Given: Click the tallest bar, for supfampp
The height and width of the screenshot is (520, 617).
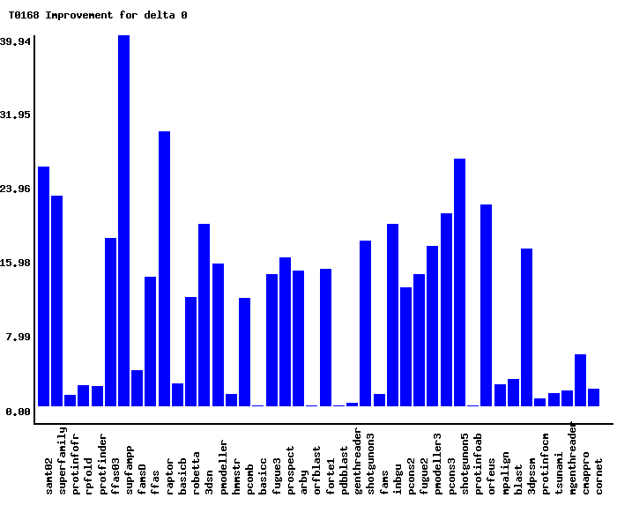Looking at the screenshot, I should point(124,220).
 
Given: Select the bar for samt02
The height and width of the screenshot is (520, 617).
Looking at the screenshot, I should point(43,286).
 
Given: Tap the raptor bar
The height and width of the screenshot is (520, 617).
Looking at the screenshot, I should point(164,269).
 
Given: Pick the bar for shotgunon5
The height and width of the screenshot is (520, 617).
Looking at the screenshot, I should point(459,282).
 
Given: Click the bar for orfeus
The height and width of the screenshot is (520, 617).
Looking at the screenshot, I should point(486,305).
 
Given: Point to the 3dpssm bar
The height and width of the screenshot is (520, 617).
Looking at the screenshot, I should point(526,327).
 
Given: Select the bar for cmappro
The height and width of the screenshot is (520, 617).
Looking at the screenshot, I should point(580,380).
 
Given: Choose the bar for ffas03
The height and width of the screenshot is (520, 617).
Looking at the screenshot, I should point(110,322).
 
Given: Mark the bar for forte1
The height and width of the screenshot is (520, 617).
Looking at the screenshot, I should point(325,338).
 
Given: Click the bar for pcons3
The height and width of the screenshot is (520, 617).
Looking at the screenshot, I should point(446,309).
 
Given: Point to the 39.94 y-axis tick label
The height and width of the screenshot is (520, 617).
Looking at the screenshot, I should point(16,41).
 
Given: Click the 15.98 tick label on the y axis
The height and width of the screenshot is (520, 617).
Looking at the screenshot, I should point(16,263).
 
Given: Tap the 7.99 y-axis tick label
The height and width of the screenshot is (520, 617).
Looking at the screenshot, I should point(19,337).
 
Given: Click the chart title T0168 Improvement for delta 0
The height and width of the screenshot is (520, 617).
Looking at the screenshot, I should point(98,15).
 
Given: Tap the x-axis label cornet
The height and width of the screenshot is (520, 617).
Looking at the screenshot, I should point(599,476).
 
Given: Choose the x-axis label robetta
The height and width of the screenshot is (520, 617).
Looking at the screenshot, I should point(197,472).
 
